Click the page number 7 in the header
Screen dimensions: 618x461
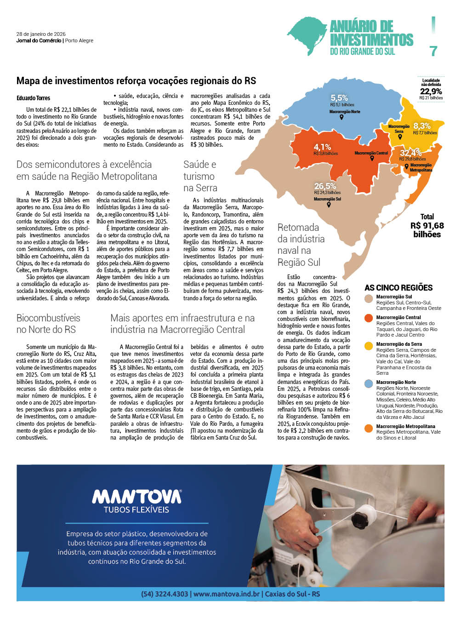tap(433, 51)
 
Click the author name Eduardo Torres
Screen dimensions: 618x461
tap(33, 98)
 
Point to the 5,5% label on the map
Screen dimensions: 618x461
tap(339, 98)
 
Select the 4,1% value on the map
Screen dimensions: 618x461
tap(322, 147)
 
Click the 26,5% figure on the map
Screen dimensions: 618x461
tap(325, 186)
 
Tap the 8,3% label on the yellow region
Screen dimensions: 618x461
tap(422, 126)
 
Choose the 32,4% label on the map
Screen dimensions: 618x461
tap(410, 153)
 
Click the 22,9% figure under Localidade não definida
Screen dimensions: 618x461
tap(431, 92)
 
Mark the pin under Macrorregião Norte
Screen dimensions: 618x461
tap(341, 117)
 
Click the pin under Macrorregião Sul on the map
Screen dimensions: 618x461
tap(328, 205)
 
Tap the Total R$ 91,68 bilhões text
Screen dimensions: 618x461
tap(427, 225)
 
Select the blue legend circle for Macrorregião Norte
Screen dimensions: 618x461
tap(368, 383)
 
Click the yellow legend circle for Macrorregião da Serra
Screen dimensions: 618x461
tap(368, 345)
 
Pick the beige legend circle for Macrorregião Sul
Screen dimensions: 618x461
tap(368, 298)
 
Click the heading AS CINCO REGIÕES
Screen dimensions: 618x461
tap(398, 288)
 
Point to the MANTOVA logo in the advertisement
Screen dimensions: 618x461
tap(137, 497)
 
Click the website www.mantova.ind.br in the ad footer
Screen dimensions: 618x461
tap(227, 594)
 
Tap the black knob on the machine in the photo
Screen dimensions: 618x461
tap(359, 520)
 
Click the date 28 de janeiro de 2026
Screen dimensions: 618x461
tap(41, 34)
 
